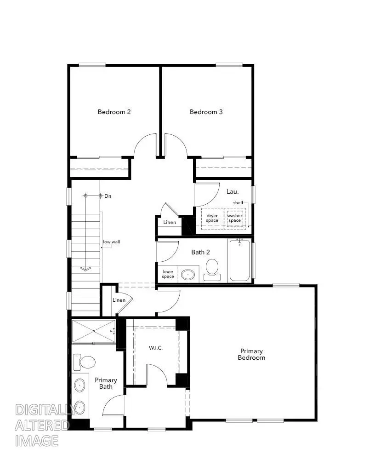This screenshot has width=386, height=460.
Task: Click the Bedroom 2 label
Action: [114, 112]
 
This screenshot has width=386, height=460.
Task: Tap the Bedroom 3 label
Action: [206, 112]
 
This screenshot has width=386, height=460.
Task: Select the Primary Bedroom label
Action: [251, 354]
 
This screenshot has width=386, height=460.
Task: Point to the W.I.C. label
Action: [155, 347]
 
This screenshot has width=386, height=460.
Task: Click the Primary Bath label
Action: [106, 383]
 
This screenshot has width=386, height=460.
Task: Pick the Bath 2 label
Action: [201, 252]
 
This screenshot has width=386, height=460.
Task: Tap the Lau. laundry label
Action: [232, 191]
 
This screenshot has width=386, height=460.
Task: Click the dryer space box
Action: [212, 218]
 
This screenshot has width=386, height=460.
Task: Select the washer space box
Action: [235, 218]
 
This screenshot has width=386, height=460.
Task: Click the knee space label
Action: [168, 274]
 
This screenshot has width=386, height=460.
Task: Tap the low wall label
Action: [112, 242]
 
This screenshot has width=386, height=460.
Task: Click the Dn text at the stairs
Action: [108, 196]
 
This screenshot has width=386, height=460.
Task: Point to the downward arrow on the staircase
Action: [85, 269]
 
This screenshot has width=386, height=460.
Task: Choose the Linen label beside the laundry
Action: [170, 223]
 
